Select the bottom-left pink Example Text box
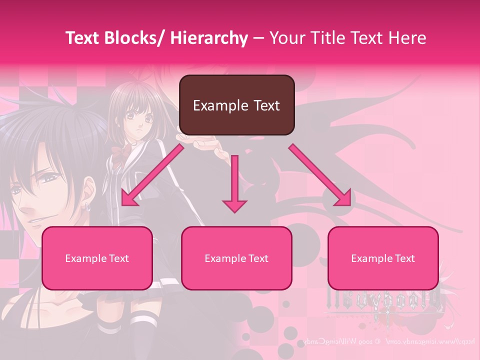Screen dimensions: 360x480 (97, 258)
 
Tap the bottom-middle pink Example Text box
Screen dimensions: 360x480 (236, 258)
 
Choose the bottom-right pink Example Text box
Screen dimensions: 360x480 (383, 258)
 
